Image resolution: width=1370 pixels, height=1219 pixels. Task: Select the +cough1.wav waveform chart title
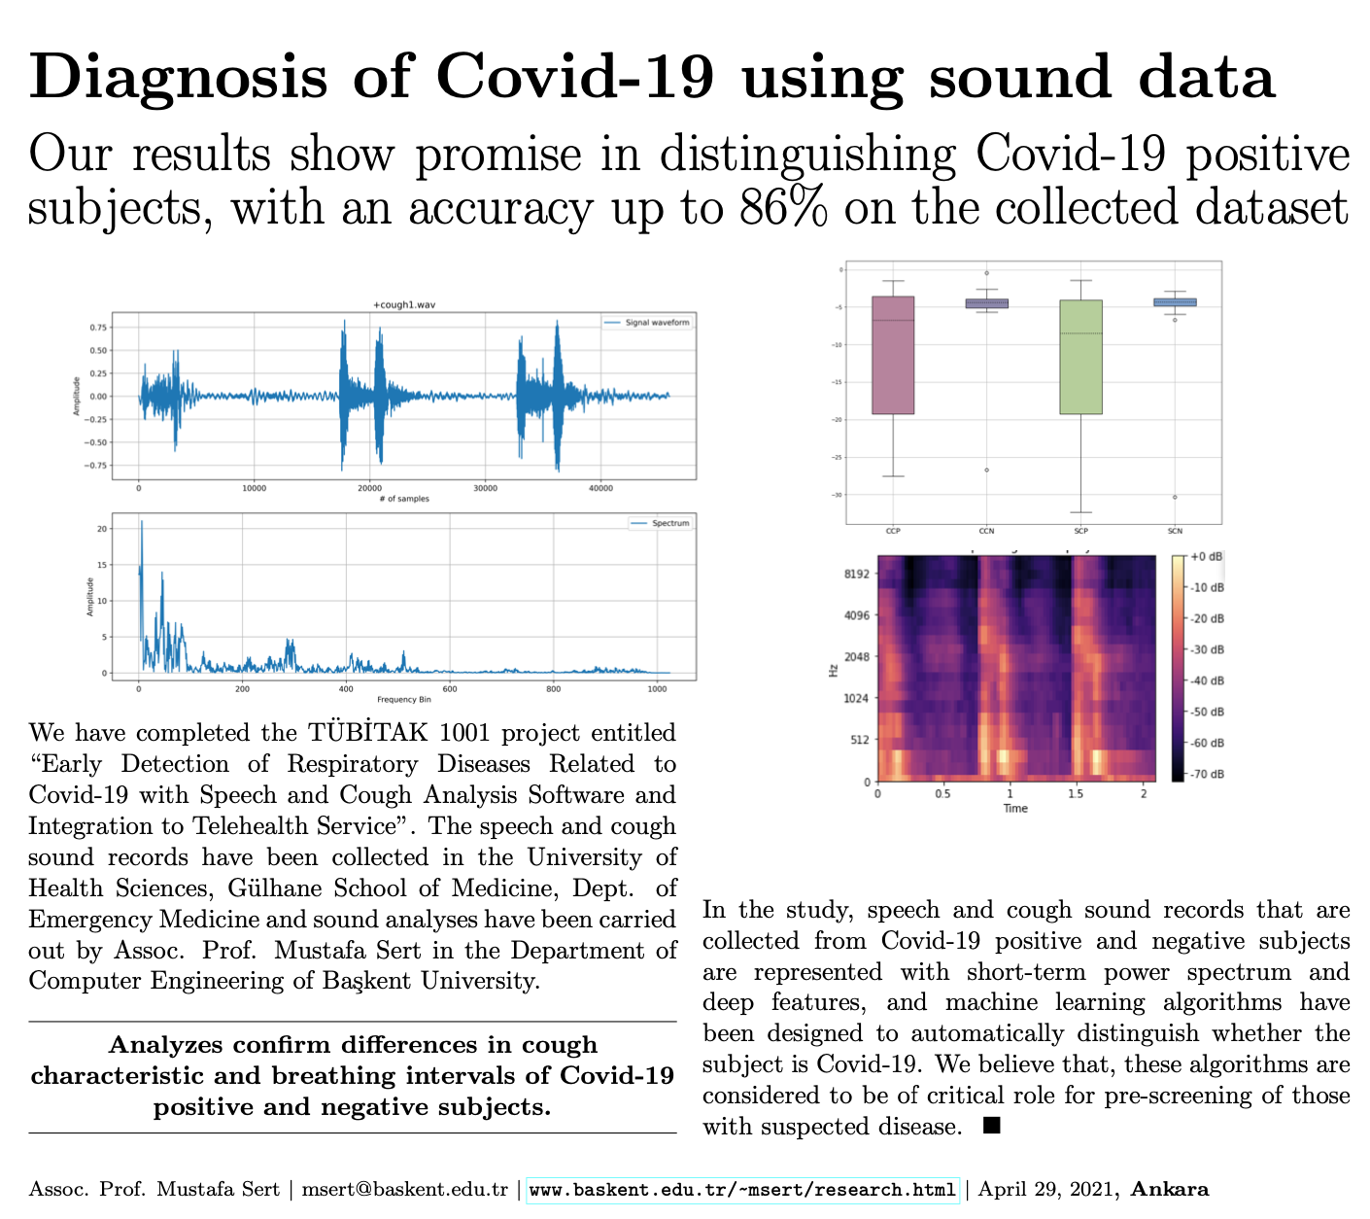click(403, 305)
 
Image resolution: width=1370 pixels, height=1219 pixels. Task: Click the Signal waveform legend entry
click(658, 323)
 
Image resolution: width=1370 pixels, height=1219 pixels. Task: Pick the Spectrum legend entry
click(669, 523)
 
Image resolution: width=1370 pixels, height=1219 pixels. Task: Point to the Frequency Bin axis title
click(403, 699)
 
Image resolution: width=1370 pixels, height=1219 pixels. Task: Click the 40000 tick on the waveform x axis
click(600, 488)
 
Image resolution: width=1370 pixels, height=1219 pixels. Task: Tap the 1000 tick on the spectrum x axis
click(657, 689)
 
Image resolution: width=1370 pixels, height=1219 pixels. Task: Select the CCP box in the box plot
click(893, 355)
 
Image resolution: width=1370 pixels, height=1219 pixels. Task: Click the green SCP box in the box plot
click(1080, 357)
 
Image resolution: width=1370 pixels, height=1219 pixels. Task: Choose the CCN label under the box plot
click(986, 531)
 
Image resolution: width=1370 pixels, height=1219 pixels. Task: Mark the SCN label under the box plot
click(1175, 531)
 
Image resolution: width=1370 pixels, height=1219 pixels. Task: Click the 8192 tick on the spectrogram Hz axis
click(857, 574)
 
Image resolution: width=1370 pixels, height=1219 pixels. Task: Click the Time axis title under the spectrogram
click(1015, 808)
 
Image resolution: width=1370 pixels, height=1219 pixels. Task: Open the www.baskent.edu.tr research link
click(742, 1190)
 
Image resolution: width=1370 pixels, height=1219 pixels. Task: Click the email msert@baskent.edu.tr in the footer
click(403, 1190)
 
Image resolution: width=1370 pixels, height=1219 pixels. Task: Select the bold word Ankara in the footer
click(1170, 1189)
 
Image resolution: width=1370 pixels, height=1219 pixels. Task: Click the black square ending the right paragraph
click(992, 1126)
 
